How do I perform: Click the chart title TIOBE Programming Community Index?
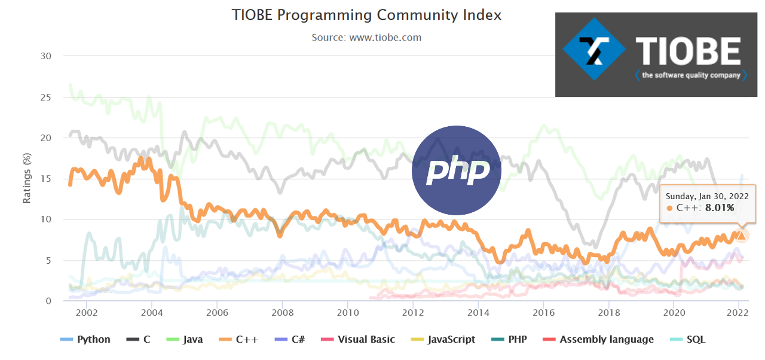pyautogui.click(x=366, y=15)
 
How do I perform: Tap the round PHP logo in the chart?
pyautogui.click(x=457, y=170)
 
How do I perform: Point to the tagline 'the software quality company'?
pyautogui.click(x=690, y=75)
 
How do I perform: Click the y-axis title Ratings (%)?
pyautogui.click(x=27, y=178)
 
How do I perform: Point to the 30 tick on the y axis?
pyautogui.click(x=46, y=56)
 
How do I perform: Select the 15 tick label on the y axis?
pyautogui.click(x=46, y=179)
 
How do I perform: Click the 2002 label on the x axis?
pyautogui.click(x=87, y=312)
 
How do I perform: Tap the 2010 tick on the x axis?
pyautogui.click(x=347, y=312)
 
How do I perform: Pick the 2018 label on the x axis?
pyautogui.click(x=608, y=312)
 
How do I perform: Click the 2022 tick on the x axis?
pyautogui.click(x=739, y=312)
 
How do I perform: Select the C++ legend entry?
pyautogui.click(x=238, y=340)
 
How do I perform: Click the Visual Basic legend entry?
pyautogui.click(x=358, y=340)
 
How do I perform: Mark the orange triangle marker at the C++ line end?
pyautogui.click(x=741, y=236)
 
